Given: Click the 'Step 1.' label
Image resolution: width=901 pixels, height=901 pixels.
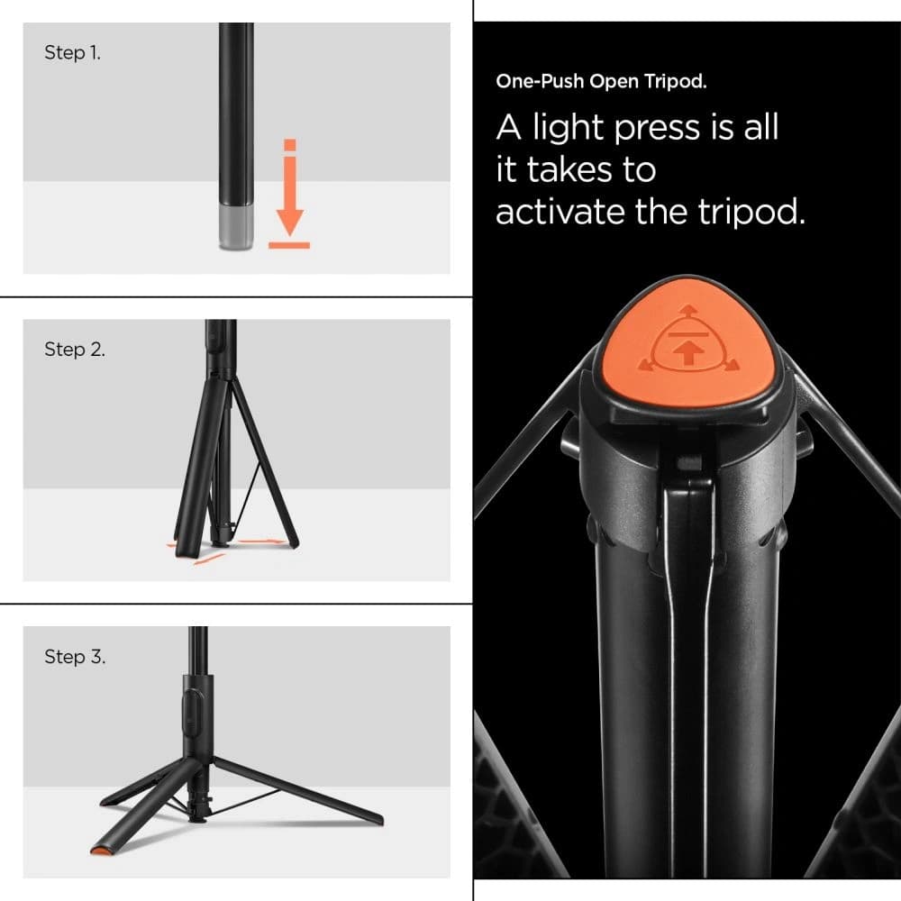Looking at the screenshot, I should [x=73, y=53].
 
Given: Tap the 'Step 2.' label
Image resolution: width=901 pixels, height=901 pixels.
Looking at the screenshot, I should [x=75, y=350].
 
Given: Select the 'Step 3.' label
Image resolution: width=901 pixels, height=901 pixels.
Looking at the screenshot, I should [x=75, y=657].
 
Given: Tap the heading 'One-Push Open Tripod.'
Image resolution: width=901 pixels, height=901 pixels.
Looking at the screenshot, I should [x=601, y=82].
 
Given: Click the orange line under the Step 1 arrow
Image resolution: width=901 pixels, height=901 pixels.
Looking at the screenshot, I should [x=289, y=244].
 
